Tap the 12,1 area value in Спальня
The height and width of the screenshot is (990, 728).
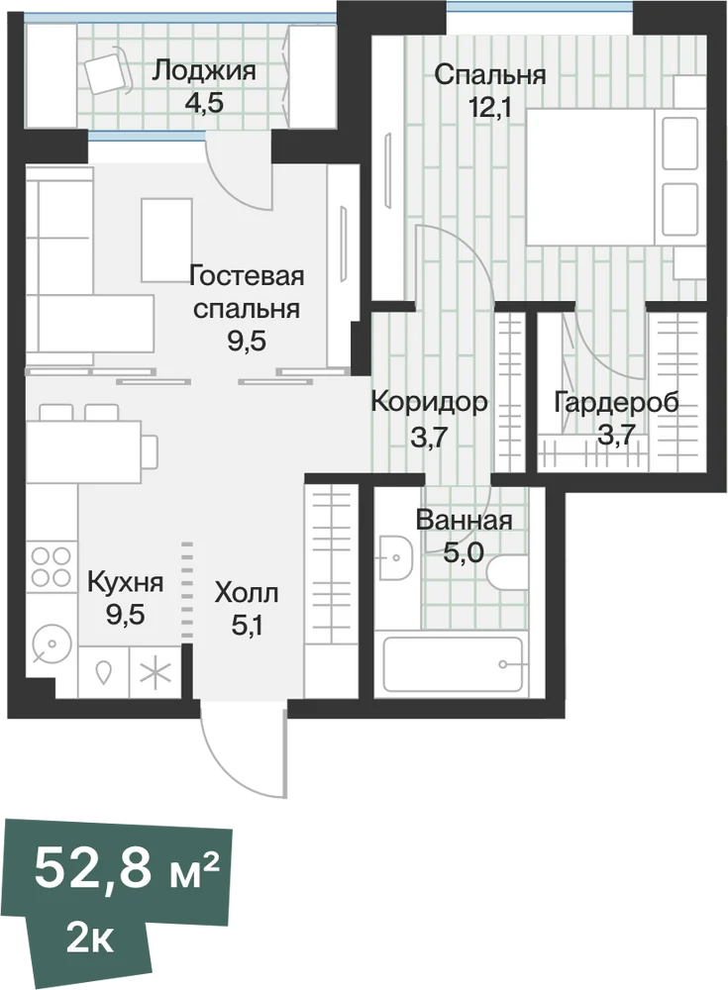click(489, 106)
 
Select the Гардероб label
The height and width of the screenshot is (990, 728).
click(616, 402)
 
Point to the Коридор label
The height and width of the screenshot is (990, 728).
click(429, 401)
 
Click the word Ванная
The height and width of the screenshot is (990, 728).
click(464, 521)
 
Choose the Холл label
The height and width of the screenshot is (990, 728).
click(247, 593)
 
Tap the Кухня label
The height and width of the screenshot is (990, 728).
click(125, 582)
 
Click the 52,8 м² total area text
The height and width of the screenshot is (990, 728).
click(127, 869)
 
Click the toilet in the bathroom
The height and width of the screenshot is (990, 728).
click(507, 570)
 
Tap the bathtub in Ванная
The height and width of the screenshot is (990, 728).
click(454, 664)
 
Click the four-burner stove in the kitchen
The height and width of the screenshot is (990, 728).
click(52, 567)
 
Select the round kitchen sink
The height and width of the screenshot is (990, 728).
click(51, 643)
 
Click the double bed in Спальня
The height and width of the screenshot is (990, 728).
click(615, 176)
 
